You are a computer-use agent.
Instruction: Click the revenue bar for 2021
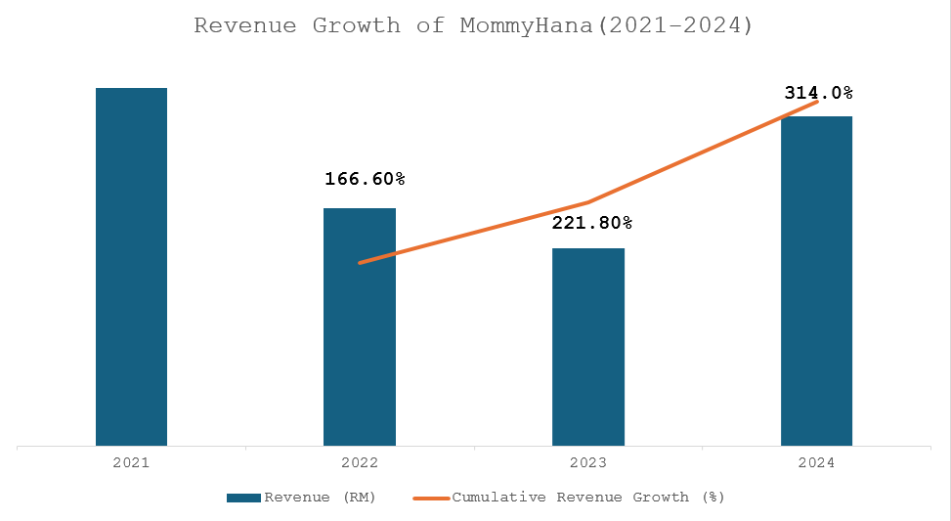[131, 267]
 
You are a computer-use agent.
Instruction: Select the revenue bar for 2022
[359, 327]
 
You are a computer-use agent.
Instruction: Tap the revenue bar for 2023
[587, 347]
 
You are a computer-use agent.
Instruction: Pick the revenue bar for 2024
[816, 282]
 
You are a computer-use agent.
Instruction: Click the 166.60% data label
[364, 179]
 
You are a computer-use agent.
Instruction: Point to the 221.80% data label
[592, 223]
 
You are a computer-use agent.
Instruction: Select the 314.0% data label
[819, 93]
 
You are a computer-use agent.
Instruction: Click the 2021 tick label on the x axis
[131, 462]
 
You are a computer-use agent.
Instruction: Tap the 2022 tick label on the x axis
[359, 462]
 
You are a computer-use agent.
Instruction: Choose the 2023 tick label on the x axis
[587, 462]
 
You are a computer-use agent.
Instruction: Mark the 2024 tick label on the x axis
[816, 462]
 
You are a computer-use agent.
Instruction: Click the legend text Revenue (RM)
[320, 497]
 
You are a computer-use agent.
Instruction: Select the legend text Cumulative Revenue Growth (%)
[587, 497]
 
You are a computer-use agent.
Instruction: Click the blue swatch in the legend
[243, 497]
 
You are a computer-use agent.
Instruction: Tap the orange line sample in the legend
[430, 497]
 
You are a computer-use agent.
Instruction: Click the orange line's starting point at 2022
[360, 263]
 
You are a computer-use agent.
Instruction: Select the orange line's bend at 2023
[588, 202]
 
